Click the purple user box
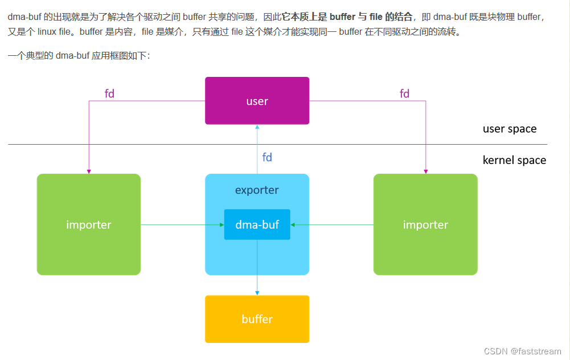point(257,101)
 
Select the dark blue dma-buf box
point(257,224)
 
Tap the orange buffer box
point(257,319)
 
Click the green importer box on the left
point(89,224)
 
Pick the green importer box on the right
point(425,224)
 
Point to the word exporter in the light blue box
point(257,190)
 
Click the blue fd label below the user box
point(267,157)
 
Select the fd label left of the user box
point(109,93)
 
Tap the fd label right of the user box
point(405,93)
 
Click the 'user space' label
point(510,129)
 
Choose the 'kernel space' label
point(514,161)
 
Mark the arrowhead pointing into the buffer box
point(257,293)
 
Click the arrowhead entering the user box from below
point(257,127)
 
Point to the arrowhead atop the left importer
point(89,171)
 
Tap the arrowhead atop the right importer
point(426,171)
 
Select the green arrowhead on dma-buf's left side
point(222,225)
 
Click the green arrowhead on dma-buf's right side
point(293,225)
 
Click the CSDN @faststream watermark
point(522,351)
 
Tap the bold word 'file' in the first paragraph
point(376,17)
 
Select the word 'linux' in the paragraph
point(47,32)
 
